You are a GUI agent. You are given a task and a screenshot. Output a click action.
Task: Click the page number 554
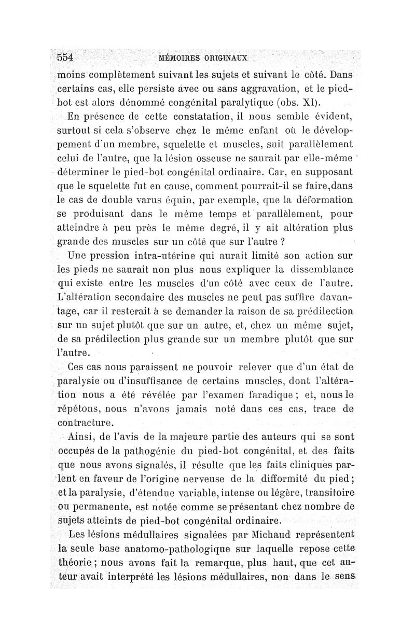67,57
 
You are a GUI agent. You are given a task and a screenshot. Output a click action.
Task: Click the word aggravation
255,85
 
